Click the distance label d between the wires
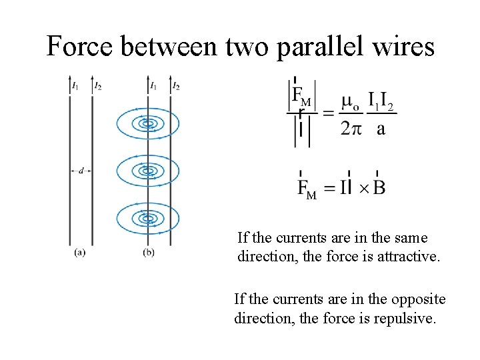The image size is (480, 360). [81, 171]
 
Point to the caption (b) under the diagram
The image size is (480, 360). [149, 252]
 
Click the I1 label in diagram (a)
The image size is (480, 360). [75, 85]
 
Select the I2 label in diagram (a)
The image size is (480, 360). [98, 85]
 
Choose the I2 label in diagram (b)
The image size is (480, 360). [176, 85]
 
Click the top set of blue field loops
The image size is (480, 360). [147, 123]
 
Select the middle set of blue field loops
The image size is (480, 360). [147, 171]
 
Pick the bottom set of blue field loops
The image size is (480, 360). [147, 218]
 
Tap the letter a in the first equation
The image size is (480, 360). [381, 129]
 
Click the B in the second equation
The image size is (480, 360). [379, 187]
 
